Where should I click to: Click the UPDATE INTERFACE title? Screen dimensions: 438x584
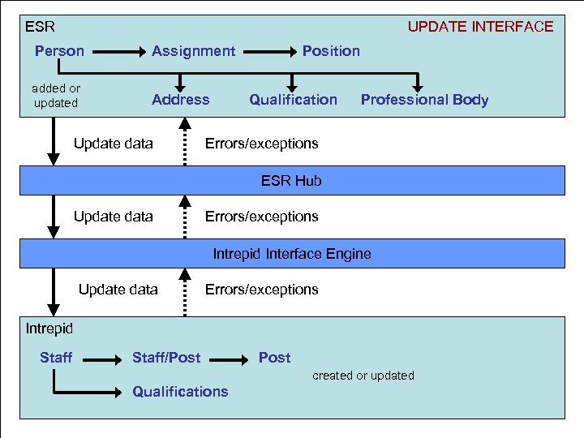tap(480, 27)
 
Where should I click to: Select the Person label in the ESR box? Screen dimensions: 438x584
tap(59, 51)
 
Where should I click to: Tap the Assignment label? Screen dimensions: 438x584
tap(193, 51)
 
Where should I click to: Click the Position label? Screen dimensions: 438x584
tap(331, 51)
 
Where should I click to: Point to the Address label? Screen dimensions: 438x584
tap(180, 100)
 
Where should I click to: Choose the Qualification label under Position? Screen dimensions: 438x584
tap(293, 100)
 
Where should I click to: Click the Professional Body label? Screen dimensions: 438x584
tap(424, 100)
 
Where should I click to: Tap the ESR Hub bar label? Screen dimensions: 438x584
tap(291, 181)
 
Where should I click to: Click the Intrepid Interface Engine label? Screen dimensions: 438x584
tap(291, 254)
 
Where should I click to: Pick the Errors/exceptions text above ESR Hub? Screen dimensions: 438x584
tap(261, 144)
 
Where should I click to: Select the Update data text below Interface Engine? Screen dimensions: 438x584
tap(118, 290)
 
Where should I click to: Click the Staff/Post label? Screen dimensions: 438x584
tap(166, 358)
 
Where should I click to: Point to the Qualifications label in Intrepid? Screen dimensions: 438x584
tap(180, 392)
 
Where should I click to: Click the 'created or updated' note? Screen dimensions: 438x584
tap(363, 376)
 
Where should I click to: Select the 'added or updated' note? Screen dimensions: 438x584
tap(56, 96)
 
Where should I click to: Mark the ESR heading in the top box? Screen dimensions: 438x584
tap(40, 27)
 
